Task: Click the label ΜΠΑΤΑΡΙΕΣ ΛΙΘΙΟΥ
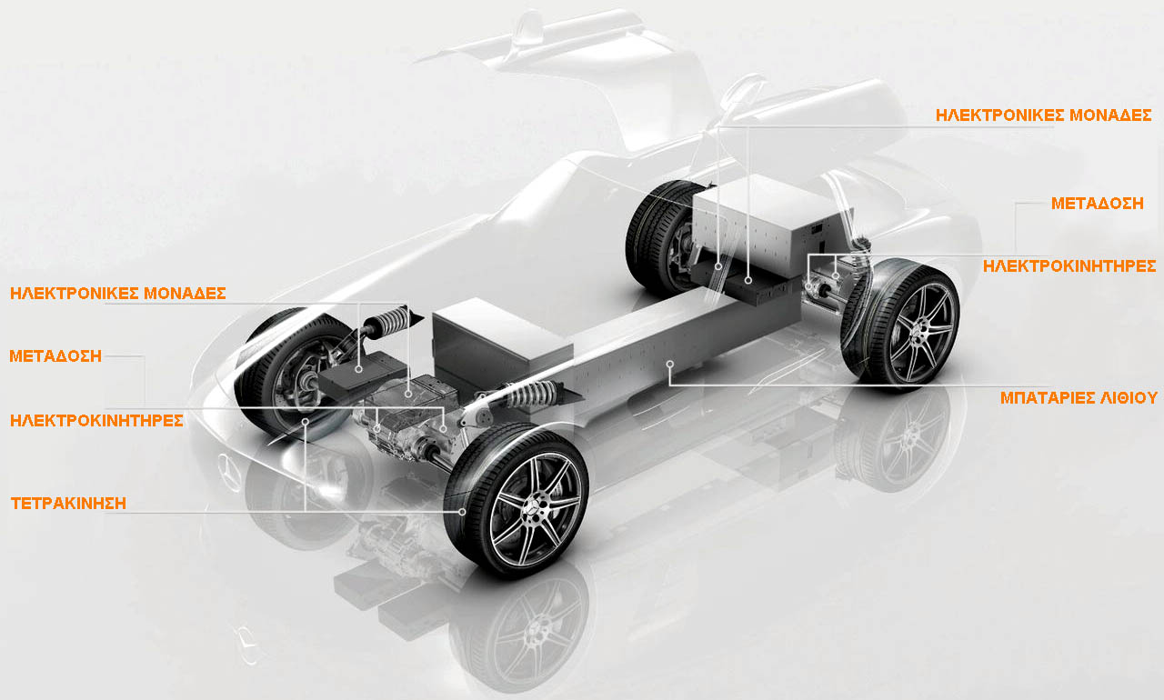point(1079,398)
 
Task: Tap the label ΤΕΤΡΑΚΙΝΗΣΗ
point(68,504)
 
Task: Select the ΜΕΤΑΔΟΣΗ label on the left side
point(55,356)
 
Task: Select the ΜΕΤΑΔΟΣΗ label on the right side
point(1098,203)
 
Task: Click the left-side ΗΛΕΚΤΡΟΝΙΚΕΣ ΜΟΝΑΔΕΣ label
point(118,294)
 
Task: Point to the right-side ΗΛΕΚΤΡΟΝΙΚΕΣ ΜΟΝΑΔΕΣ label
point(1043,115)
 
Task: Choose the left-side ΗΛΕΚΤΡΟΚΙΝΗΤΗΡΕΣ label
point(96,421)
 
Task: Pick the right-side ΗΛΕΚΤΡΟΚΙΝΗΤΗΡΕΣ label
point(1069,266)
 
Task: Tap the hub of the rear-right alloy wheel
point(921,327)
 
